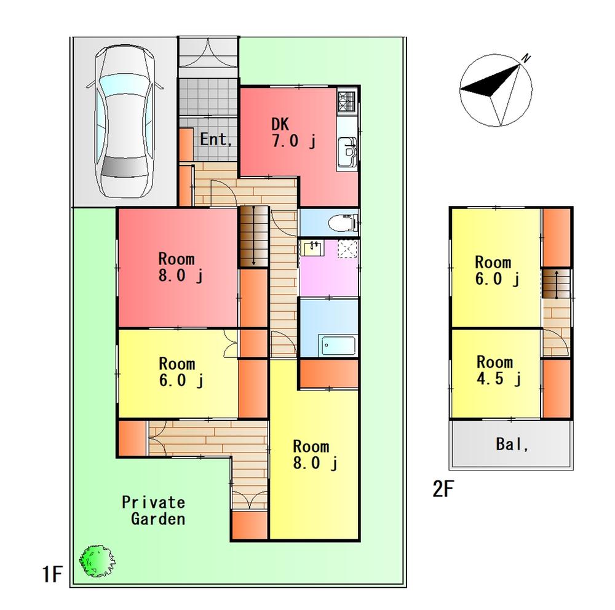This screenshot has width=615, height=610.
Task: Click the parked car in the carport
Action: (x=123, y=123)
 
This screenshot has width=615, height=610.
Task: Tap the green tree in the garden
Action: (x=97, y=560)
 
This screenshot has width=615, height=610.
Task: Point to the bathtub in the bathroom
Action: (x=337, y=344)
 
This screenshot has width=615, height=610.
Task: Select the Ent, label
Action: (x=216, y=140)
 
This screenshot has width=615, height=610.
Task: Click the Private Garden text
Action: (x=153, y=510)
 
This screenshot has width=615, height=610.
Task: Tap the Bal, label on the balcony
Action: (x=512, y=444)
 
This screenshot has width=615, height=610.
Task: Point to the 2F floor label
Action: (x=443, y=489)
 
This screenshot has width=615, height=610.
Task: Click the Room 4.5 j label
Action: (x=498, y=370)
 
